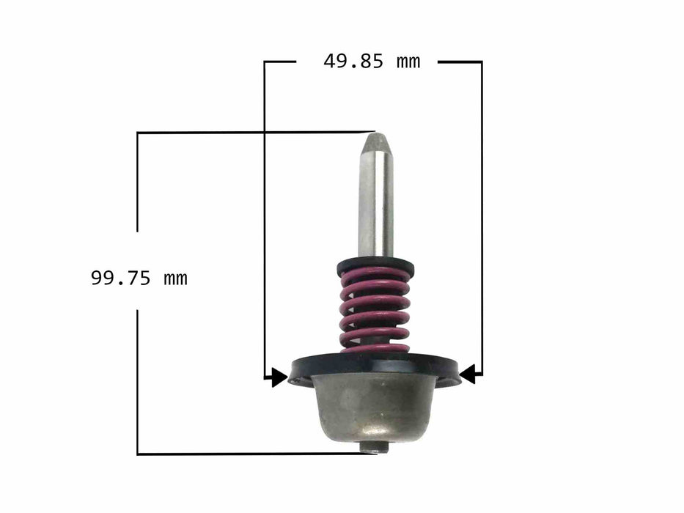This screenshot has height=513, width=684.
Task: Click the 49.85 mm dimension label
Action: click(372, 62)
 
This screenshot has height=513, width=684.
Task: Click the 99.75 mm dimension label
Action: click(139, 278)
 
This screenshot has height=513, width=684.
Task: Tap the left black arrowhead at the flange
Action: click(279, 377)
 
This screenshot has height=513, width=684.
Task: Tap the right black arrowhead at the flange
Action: click(467, 374)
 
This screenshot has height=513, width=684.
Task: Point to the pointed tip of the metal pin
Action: click(375, 134)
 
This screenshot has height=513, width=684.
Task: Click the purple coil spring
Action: click(375, 311)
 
